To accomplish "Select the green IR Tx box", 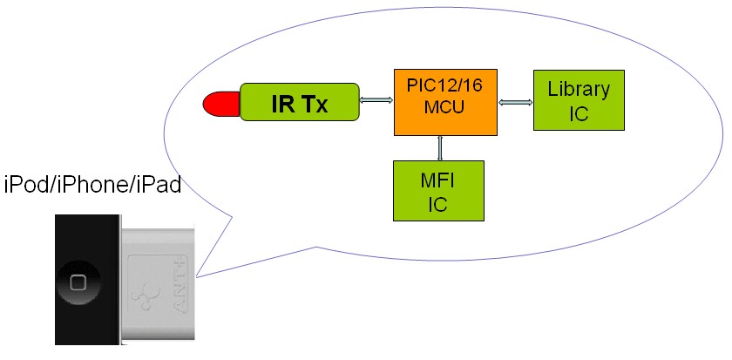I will point(300,103).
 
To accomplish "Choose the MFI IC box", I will point(437,190).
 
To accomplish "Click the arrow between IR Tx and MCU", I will point(376,101).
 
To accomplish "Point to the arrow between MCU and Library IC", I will point(515,102).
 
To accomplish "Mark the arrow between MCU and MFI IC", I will point(441,148).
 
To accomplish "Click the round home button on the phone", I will point(78,283).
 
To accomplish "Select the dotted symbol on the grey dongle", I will point(139,297).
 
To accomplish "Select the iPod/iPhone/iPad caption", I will point(92,185).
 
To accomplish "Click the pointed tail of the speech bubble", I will point(199,277).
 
